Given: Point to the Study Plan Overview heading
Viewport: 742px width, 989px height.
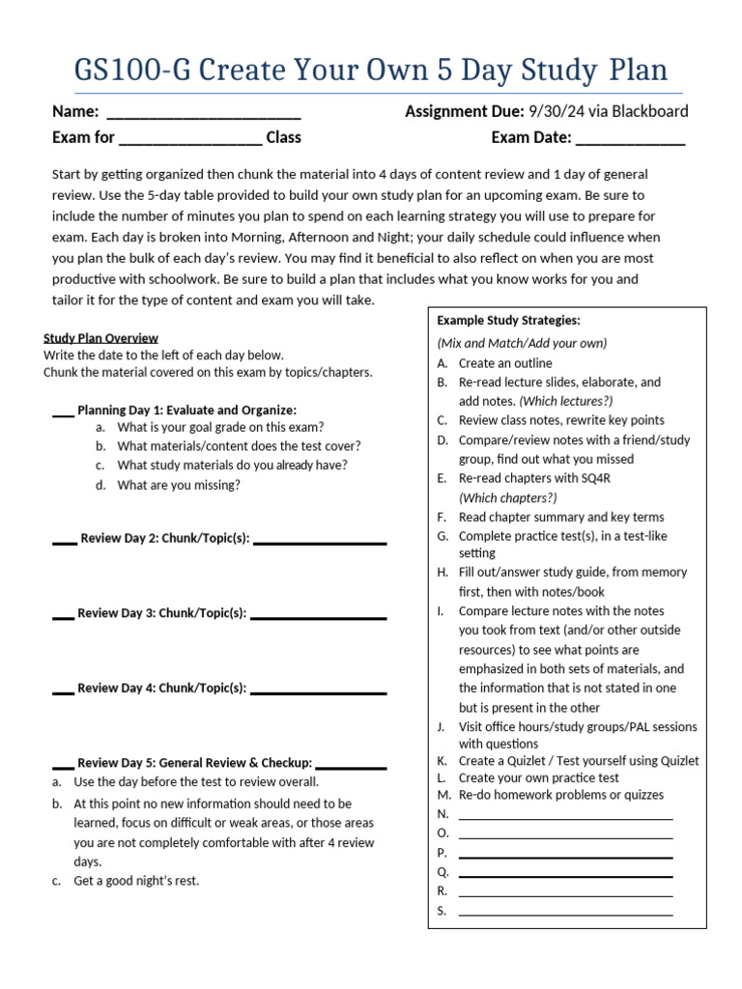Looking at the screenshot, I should pyautogui.click(x=100, y=338).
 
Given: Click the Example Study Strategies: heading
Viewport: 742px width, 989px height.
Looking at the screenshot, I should pyautogui.click(x=508, y=320).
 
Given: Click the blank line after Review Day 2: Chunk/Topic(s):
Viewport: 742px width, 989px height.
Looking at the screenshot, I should pyautogui.click(x=319, y=542).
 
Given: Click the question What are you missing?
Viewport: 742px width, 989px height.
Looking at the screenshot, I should pyautogui.click(x=178, y=485).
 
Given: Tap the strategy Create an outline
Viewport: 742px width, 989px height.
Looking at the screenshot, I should pyautogui.click(x=505, y=363).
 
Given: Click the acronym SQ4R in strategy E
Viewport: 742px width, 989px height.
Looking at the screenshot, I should pyautogui.click(x=597, y=478).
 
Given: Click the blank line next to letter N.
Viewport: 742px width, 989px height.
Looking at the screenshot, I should pyautogui.click(x=565, y=817).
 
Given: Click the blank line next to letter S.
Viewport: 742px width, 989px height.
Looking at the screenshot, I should pyautogui.click(x=565, y=913).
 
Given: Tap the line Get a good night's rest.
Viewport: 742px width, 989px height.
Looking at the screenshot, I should pyautogui.click(x=136, y=881).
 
